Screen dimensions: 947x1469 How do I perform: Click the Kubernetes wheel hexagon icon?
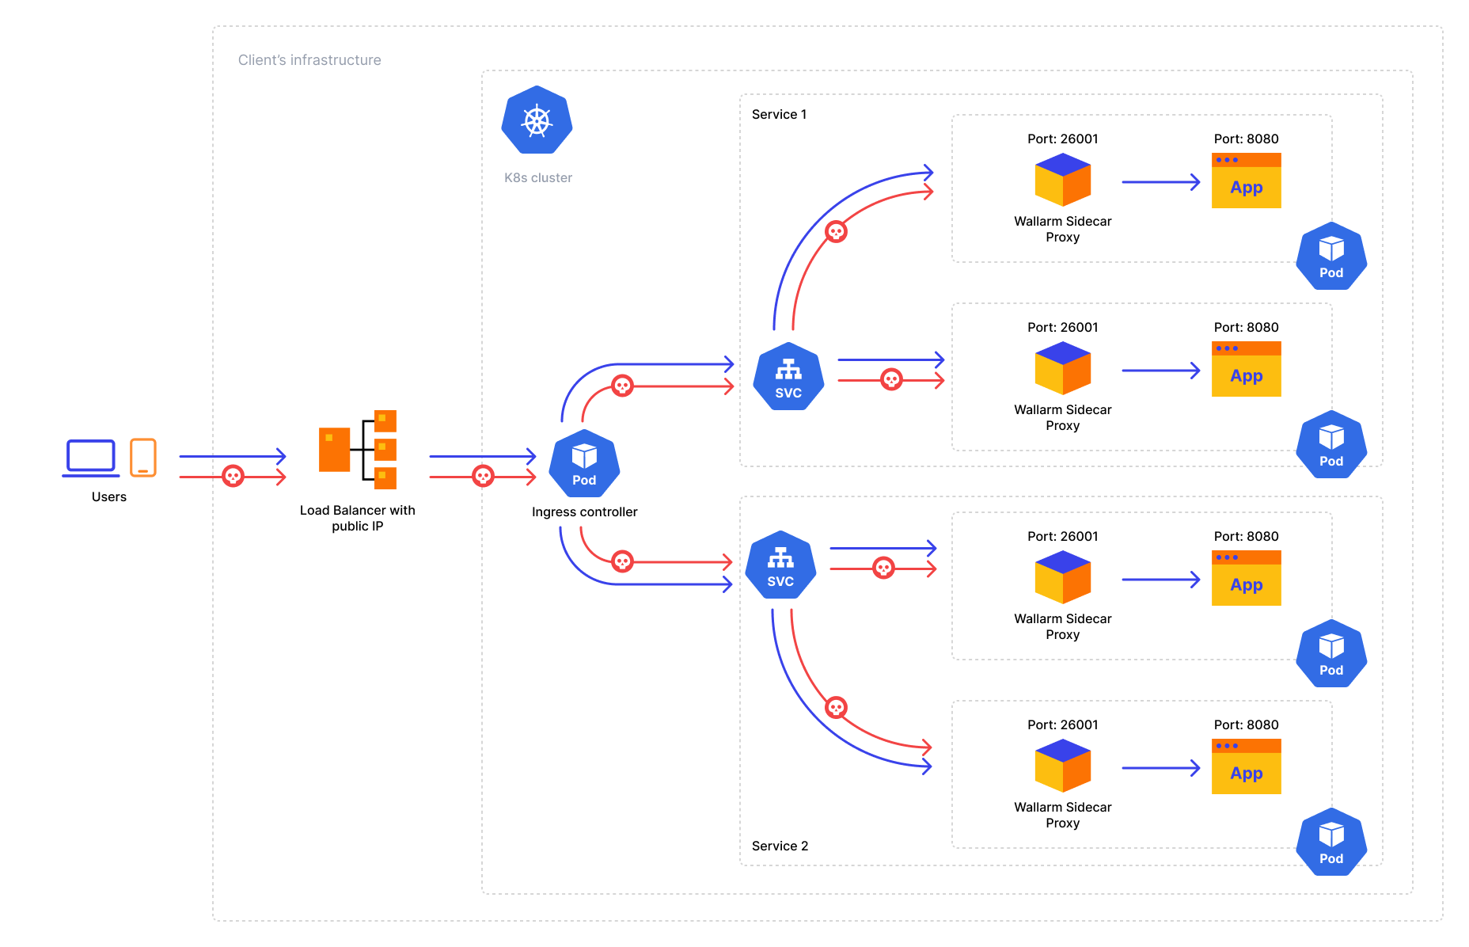[x=537, y=120]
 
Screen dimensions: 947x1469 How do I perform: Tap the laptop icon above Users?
[x=91, y=458]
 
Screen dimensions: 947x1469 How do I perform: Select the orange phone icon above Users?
[x=143, y=457]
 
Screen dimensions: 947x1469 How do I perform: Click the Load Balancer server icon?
[x=357, y=449]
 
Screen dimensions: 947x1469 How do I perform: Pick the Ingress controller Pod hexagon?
[x=584, y=464]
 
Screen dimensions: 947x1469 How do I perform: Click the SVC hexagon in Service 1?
[x=788, y=377]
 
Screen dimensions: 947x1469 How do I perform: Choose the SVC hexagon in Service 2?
[x=780, y=565]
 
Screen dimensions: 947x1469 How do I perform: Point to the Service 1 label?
[x=779, y=115]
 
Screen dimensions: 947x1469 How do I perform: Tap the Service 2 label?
[x=780, y=846]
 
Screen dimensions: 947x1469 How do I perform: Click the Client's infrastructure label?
[x=309, y=60]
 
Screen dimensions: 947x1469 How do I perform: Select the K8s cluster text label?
[x=538, y=178]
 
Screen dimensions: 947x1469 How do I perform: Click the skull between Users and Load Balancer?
[x=233, y=476]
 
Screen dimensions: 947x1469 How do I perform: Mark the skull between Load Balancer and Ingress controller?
[x=483, y=476]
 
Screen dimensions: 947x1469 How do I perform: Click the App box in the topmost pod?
[x=1246, y=181]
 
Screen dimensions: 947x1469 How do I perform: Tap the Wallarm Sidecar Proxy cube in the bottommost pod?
[x=1062, y=766]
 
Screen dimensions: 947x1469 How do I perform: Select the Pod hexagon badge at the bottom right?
[x=1331, y=842]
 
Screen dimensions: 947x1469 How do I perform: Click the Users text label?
[x=109, y=497]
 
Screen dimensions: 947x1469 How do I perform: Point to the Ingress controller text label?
[x=584, y=512]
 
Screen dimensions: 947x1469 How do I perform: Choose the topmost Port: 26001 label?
[x=1062, y=139]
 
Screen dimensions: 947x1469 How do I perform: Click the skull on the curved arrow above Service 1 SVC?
[x=836, y=232]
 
